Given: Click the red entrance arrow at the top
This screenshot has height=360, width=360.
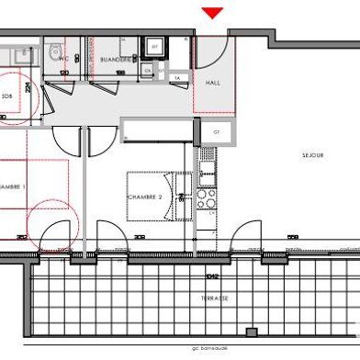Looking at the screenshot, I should pos(213,13).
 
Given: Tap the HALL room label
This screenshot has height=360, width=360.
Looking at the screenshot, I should pos(213,83).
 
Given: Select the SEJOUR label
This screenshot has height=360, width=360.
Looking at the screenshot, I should pos(313,156).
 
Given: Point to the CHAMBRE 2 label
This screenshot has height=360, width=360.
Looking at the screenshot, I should pos(144,197).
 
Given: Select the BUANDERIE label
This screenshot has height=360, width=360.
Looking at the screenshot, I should pos(112,57).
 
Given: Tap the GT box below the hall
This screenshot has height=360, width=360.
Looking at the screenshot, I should pos(217,131).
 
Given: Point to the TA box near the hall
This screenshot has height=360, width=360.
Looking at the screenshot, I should pos(176,79).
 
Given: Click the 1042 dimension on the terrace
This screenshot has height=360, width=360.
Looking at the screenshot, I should pos(212,274).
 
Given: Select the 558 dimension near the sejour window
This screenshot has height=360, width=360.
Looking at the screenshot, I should pos(292,238).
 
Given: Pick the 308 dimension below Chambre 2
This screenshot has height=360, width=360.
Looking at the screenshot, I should pos(140,238).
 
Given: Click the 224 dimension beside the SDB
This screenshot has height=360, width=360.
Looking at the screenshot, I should pos(29,88).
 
